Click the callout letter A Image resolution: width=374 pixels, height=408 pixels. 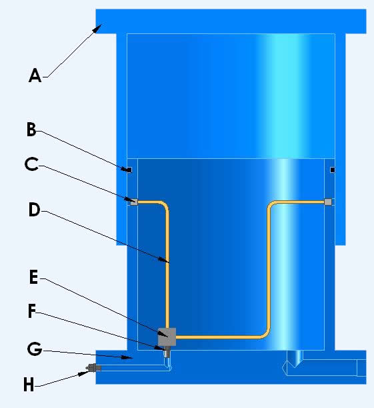pos(35,75)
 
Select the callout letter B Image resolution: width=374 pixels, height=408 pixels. pos(31,130)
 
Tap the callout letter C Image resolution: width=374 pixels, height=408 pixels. pos(31,164)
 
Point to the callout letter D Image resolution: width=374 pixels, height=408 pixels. pos(34,210)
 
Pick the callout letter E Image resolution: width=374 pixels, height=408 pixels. pos(34,277)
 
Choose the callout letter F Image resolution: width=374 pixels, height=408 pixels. pos(32,311)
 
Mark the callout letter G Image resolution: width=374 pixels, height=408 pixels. pos(35,349)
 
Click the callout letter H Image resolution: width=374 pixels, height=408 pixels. pos(29,385)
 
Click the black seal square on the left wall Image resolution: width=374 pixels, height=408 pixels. pos(129,170)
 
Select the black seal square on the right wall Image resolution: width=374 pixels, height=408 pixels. pos(333,170)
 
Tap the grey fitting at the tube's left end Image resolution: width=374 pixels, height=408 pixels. pos(134,202)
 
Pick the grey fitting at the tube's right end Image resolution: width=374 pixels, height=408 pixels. pos(328,202)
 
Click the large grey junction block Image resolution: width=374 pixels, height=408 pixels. pos(167,337)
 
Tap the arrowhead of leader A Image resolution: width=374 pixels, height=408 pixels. pos(98,28)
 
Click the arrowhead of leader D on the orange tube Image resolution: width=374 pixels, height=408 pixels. pos(165,260)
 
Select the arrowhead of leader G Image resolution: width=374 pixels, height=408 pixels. pos(128,357)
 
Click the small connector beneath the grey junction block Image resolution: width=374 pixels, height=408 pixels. pos(167,351)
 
